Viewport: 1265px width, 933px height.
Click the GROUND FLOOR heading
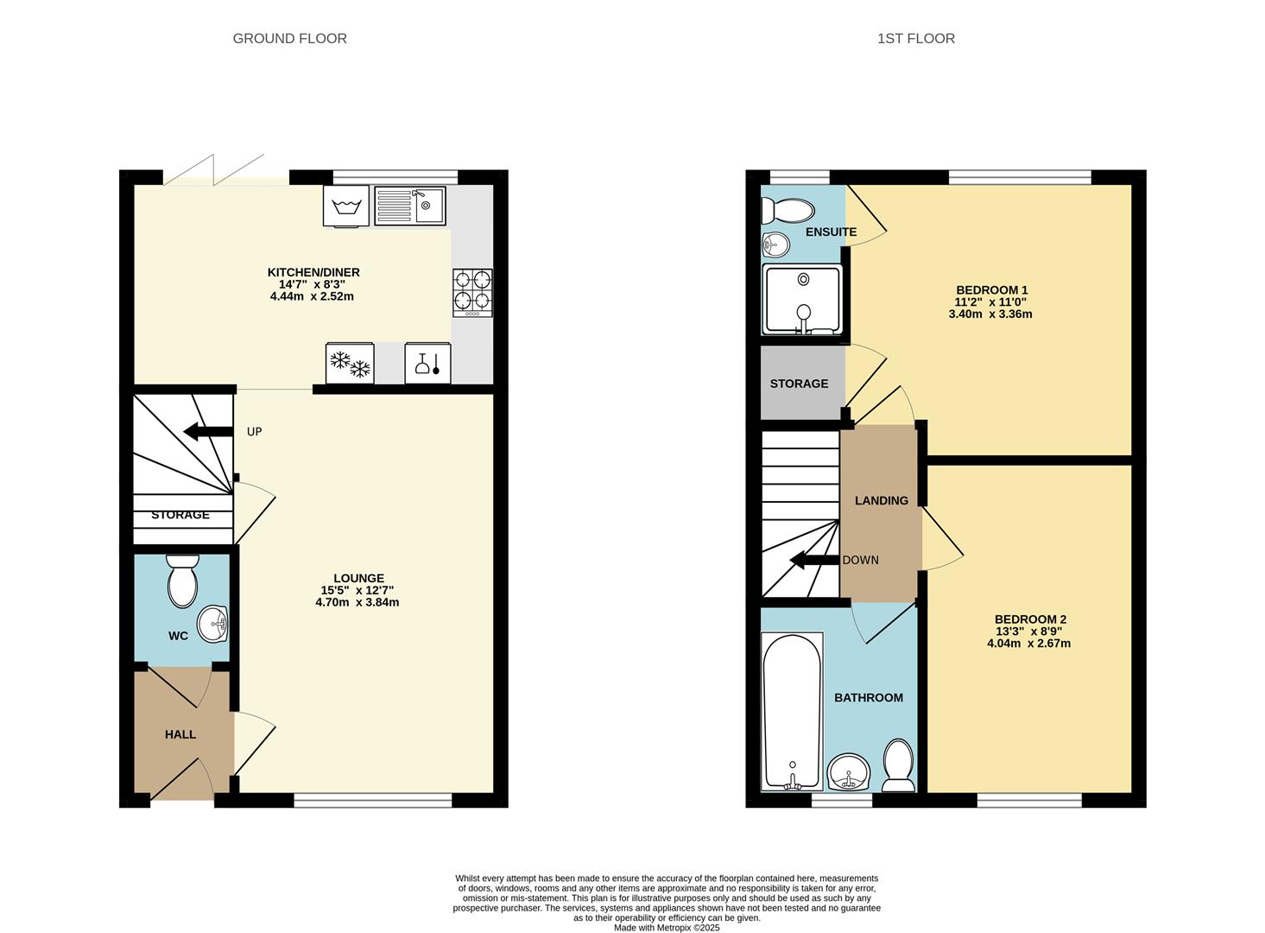point(290,38)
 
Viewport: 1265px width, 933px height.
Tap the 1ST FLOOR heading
point(916,38)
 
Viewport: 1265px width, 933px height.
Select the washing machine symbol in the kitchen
point(346,206)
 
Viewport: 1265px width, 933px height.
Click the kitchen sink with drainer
point(410,206)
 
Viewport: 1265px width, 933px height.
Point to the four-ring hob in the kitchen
point(472,293)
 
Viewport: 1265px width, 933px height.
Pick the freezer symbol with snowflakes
point(350,364)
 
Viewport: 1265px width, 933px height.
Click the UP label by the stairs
point(254,432)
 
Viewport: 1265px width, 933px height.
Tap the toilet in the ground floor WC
point(182,581)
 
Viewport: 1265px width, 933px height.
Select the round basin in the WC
point(212,625)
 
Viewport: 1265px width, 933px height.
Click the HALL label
point(180,734)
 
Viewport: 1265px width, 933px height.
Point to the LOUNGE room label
point(358,578)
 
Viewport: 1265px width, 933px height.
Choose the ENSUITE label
point(832,232)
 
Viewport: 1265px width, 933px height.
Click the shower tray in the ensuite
point(802,300)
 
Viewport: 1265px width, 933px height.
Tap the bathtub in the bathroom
point(792,712)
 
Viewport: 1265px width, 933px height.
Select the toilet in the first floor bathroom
point(899,765)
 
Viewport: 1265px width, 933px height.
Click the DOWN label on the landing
point(861,560)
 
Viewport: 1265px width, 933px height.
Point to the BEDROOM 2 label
point(1031,619)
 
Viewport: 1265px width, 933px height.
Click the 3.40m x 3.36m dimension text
point(990,314)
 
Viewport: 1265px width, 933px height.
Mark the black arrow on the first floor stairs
point(814,561)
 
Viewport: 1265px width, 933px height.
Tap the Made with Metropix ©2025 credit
point(667,928)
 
